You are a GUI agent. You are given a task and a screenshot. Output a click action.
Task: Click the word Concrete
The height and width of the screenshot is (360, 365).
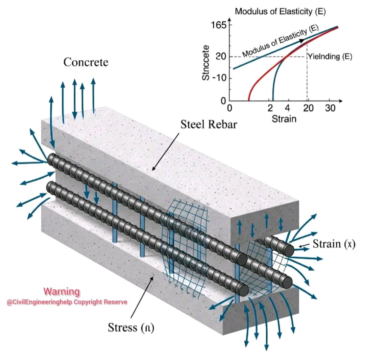[86, 62]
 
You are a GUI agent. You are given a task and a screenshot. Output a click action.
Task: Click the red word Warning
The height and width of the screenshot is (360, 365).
[62, 291]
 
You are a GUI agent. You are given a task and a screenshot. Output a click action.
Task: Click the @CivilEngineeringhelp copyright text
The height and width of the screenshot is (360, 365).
[67, 302]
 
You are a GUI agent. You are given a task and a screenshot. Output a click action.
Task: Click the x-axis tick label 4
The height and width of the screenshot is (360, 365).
[288, 108]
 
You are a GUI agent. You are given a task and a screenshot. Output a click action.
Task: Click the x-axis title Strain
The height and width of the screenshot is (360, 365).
[284, 119]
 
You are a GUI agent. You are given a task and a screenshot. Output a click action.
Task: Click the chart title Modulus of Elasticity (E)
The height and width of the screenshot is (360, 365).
[280, 11]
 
